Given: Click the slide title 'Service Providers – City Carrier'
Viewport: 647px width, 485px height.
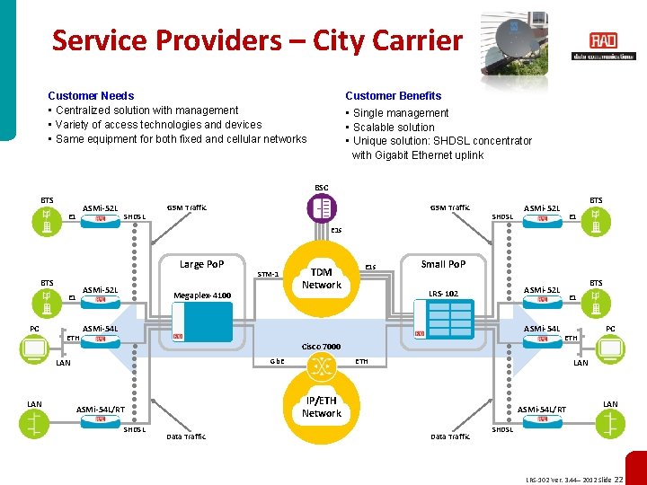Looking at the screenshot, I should click(257, 40).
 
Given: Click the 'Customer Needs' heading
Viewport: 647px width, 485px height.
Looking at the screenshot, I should click(91, 95).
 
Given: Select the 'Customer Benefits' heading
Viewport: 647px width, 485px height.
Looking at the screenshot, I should click(394, 95).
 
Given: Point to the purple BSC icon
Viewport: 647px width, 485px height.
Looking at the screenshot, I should click(321, 209).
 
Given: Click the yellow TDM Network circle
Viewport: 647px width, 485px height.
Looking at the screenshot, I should click(321, 278).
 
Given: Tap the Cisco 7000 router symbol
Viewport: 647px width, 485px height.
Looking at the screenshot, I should click(321, 366).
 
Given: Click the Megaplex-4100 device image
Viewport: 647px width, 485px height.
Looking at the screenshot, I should click(202, 321).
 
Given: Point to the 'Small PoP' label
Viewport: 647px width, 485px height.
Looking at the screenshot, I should click(443, 264).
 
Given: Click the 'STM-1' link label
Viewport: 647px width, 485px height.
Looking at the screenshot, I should click(269, 274).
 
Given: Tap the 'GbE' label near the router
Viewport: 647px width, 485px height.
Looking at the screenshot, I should click(278, 361).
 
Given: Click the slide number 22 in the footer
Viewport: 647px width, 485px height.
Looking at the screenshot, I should click(631, 480).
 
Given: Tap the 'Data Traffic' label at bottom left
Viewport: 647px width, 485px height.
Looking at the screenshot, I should click(186, 436).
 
